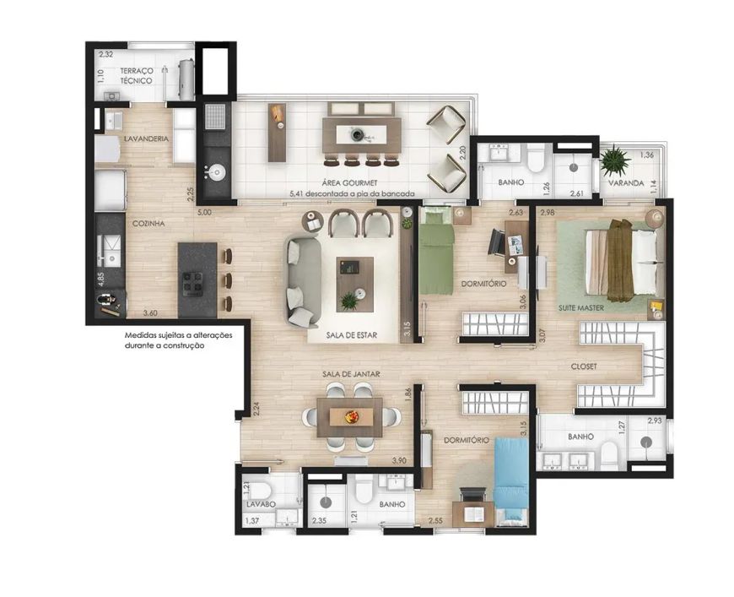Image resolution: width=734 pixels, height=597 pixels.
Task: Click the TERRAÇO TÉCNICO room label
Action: (136, 76)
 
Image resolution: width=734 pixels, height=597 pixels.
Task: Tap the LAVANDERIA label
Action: (146, 138)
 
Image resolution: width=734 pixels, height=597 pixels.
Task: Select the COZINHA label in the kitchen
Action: (148, 224)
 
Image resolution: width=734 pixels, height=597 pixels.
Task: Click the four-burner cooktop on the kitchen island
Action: (193, 284)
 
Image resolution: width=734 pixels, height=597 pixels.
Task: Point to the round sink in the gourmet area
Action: (216, 173)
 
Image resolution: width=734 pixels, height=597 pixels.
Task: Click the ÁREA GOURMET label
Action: (349, 182)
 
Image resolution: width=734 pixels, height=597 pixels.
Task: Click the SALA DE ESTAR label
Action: (352, 335)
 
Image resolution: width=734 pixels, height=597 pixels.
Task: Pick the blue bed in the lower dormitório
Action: (511, 480)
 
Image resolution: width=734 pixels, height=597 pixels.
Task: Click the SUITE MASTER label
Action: (581, 308)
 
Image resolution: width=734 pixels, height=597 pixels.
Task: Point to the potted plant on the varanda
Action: (615, 160)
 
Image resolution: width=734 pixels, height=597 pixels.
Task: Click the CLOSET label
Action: (584, 366)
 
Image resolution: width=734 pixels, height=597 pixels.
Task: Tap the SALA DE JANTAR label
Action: (351, 374)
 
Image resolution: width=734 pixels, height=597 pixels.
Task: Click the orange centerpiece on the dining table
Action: (352, 416)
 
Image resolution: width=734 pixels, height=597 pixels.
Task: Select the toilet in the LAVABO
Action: (263, 491)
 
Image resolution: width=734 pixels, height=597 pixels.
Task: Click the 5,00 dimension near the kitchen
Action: (204, 212)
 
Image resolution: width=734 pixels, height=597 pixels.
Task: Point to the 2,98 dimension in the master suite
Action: (547, 213)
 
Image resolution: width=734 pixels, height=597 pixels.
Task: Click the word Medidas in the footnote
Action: (139, 335)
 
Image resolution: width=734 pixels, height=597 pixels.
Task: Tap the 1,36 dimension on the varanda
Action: (647, 155)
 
